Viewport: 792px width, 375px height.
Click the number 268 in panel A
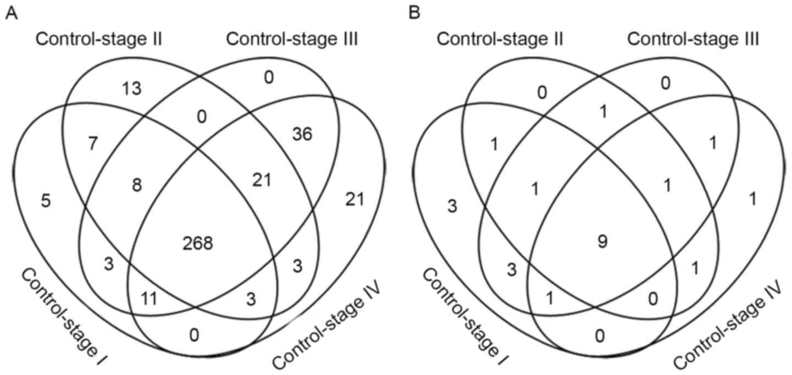(198, 244)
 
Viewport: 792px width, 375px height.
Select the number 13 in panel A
(134, 89)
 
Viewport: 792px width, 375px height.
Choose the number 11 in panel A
(149, 299)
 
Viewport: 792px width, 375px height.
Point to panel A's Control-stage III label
(292, 40)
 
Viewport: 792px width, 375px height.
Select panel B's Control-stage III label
(694, 40)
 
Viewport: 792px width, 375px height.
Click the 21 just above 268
(262, 180)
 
